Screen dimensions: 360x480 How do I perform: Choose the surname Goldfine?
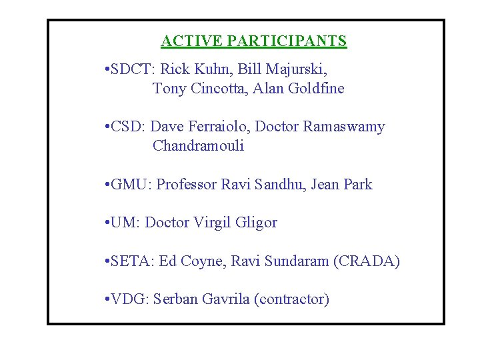pos(317,89)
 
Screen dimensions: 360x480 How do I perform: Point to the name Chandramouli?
pos(198,147)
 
